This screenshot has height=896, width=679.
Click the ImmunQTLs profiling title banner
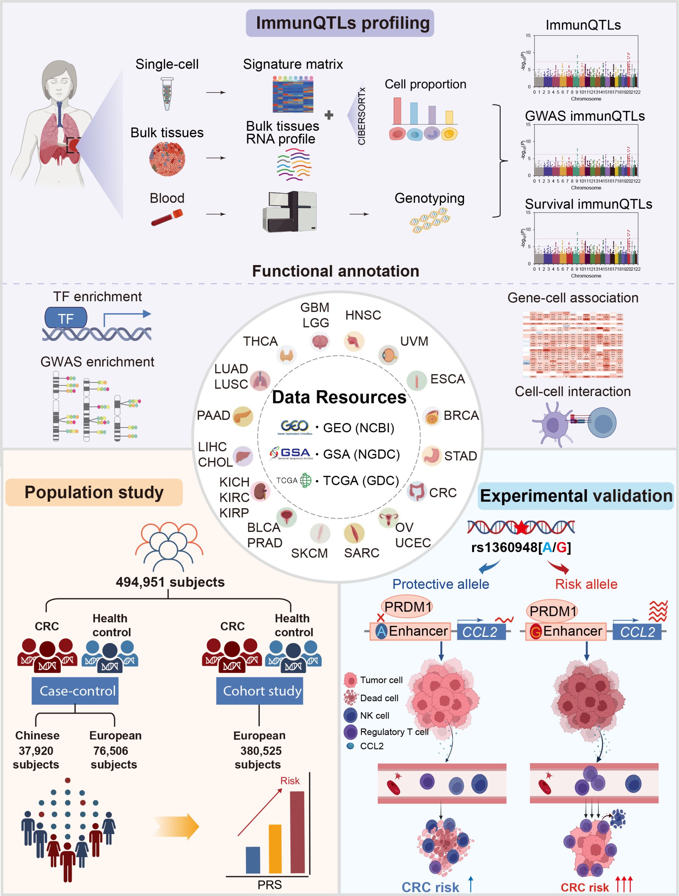click(x=340, y=23)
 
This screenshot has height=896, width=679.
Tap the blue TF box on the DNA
click(x=66, y=318)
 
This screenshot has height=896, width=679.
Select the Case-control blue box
click(x=75, y=691)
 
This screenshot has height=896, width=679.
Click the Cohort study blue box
click(x=260, y=691)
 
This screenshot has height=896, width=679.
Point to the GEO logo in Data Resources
click(x=295, y=427)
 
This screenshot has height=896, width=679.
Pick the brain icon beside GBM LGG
click(x=320, y=341)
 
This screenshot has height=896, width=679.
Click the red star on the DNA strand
click(x=521, y=527)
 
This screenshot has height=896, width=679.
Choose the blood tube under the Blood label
click(x=167, y=218)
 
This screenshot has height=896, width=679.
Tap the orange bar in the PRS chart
click(x=275, y=849)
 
